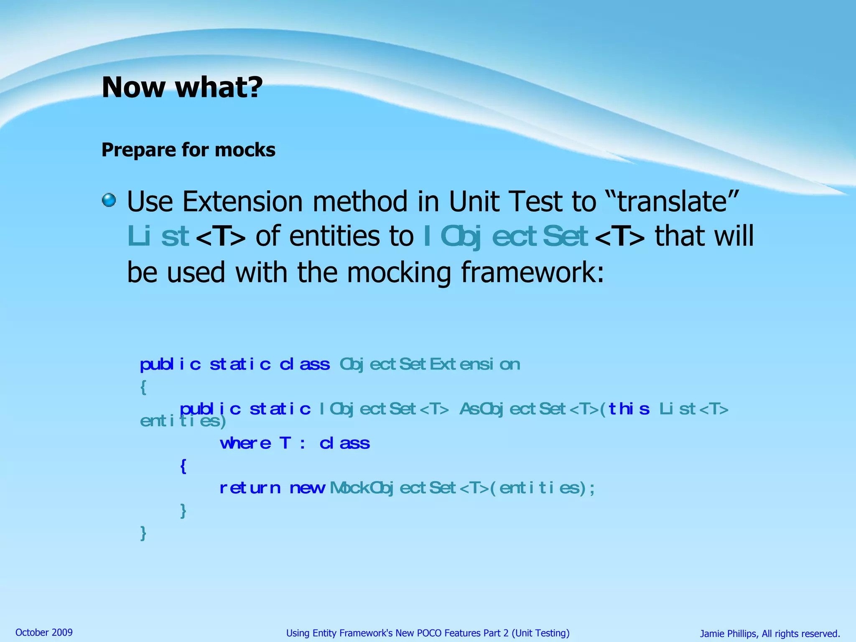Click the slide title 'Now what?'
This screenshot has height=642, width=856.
[182, 87]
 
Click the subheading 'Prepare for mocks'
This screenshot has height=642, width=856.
[188, 150]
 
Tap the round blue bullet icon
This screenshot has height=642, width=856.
[109, 200]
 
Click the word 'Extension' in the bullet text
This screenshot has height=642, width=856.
[245, 201]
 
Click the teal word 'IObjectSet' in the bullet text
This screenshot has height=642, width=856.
[506, 237]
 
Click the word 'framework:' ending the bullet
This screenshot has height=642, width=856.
[533, 273]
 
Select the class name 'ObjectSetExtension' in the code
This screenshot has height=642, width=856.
[430, 364]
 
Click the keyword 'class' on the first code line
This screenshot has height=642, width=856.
[305, 364]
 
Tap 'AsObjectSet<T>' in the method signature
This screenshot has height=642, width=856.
[529, 409]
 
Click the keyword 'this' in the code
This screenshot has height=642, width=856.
[629, 409]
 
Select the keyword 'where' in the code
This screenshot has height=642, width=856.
[245, 443]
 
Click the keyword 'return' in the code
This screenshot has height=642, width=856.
[250, 488]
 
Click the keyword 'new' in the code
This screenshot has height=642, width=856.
[307, 488]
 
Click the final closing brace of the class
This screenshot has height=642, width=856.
[143, 533]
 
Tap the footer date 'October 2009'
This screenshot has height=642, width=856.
[44, 632]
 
